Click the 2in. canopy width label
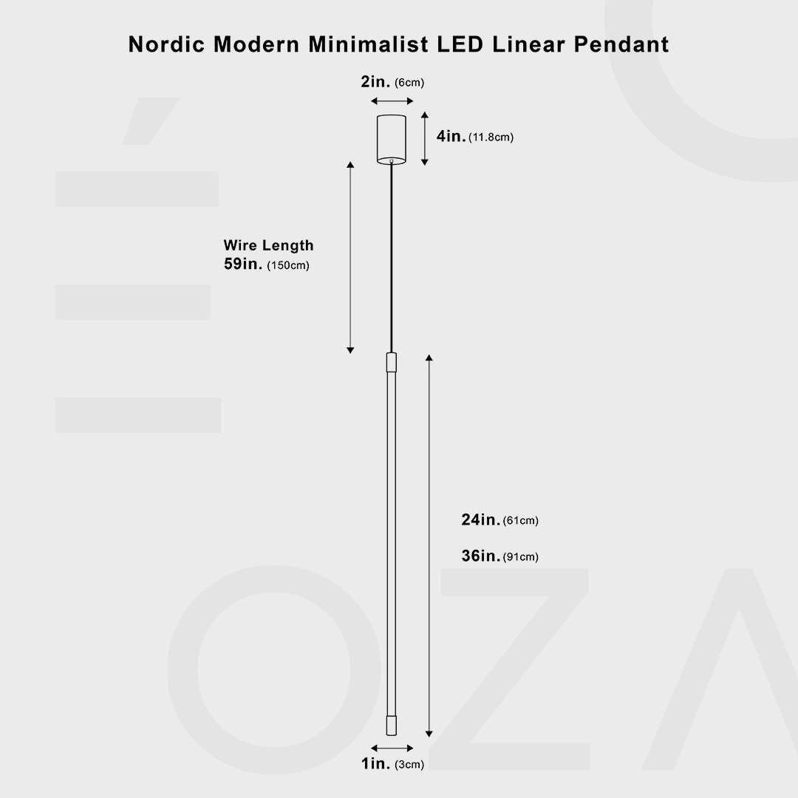click(x=376, y=82)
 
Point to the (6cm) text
click(x=409, y=83)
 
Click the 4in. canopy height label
click(x=451, y=137)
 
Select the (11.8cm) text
click(x=491, y=137)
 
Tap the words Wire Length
click(x=268, y=245)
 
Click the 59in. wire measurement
click(x=243, y=265)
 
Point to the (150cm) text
click(x=287, y=266)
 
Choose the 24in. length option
click(x=480, y=520)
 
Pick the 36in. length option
click(x=480, y=556)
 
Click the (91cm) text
click(x=521, y=557)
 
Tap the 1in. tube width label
click(x=376, y=764)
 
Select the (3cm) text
click(x=409, y=765)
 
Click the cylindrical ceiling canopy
click(x=392, y=138)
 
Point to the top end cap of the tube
click(x=392, y=362)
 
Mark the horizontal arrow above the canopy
click(x=392, y=101)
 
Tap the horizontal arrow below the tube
click(x=392, y=748)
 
